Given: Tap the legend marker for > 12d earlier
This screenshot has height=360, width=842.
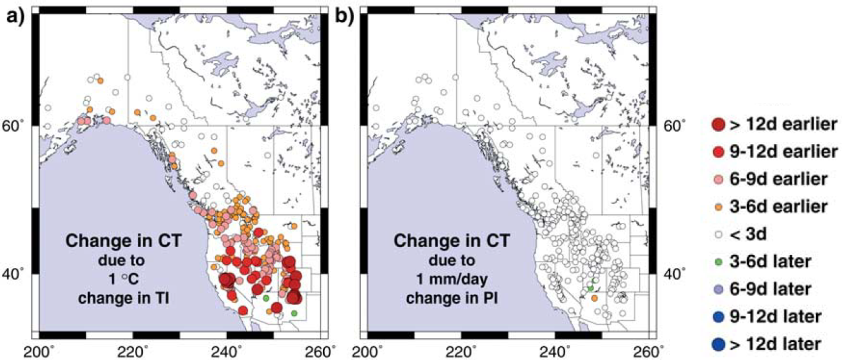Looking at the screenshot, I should pyautogui.click(x=719, y=124).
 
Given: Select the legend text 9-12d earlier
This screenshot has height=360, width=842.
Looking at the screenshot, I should pyautogui.click(x=783, y=151).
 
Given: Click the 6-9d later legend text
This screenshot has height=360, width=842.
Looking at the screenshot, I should pyautogui.click(x=771, y=289).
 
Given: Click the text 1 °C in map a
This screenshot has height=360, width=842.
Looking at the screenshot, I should pyautogui.click(x=123, y=279).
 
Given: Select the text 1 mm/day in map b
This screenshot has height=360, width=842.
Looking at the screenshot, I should pyautogui.click(x=451, y=279).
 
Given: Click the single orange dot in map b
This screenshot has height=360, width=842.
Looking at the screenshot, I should pyautogui.click(x=594, y=298).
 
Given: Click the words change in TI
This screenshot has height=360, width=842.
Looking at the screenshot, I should pyautogui.click(x=123, y=298).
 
